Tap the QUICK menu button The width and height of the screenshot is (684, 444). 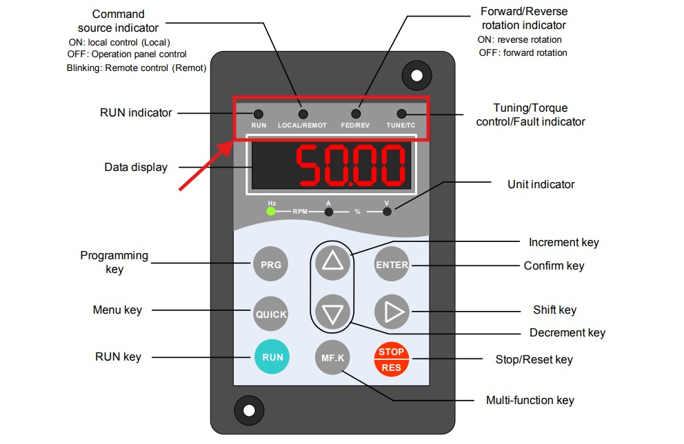coord(271,314)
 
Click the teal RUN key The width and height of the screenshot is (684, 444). coord(272,356)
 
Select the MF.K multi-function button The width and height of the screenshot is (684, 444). coord(332,358)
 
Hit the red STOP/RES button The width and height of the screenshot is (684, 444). coord(391,359)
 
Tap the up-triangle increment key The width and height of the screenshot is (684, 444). coord(332,262)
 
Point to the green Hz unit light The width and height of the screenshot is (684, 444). coord(271,211)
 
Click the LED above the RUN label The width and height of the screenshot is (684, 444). coord(259,114)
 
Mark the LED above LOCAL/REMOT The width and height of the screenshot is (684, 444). coord(303,114)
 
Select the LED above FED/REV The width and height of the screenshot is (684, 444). coord(356,114)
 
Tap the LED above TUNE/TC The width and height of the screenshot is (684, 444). coord(401,114)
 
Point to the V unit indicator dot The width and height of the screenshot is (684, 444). coord(387,212)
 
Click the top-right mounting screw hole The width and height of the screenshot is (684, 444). coord(417,75)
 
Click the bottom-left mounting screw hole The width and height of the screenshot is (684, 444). coord(249,410)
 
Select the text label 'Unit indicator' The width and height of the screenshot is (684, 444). coord(541,184)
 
